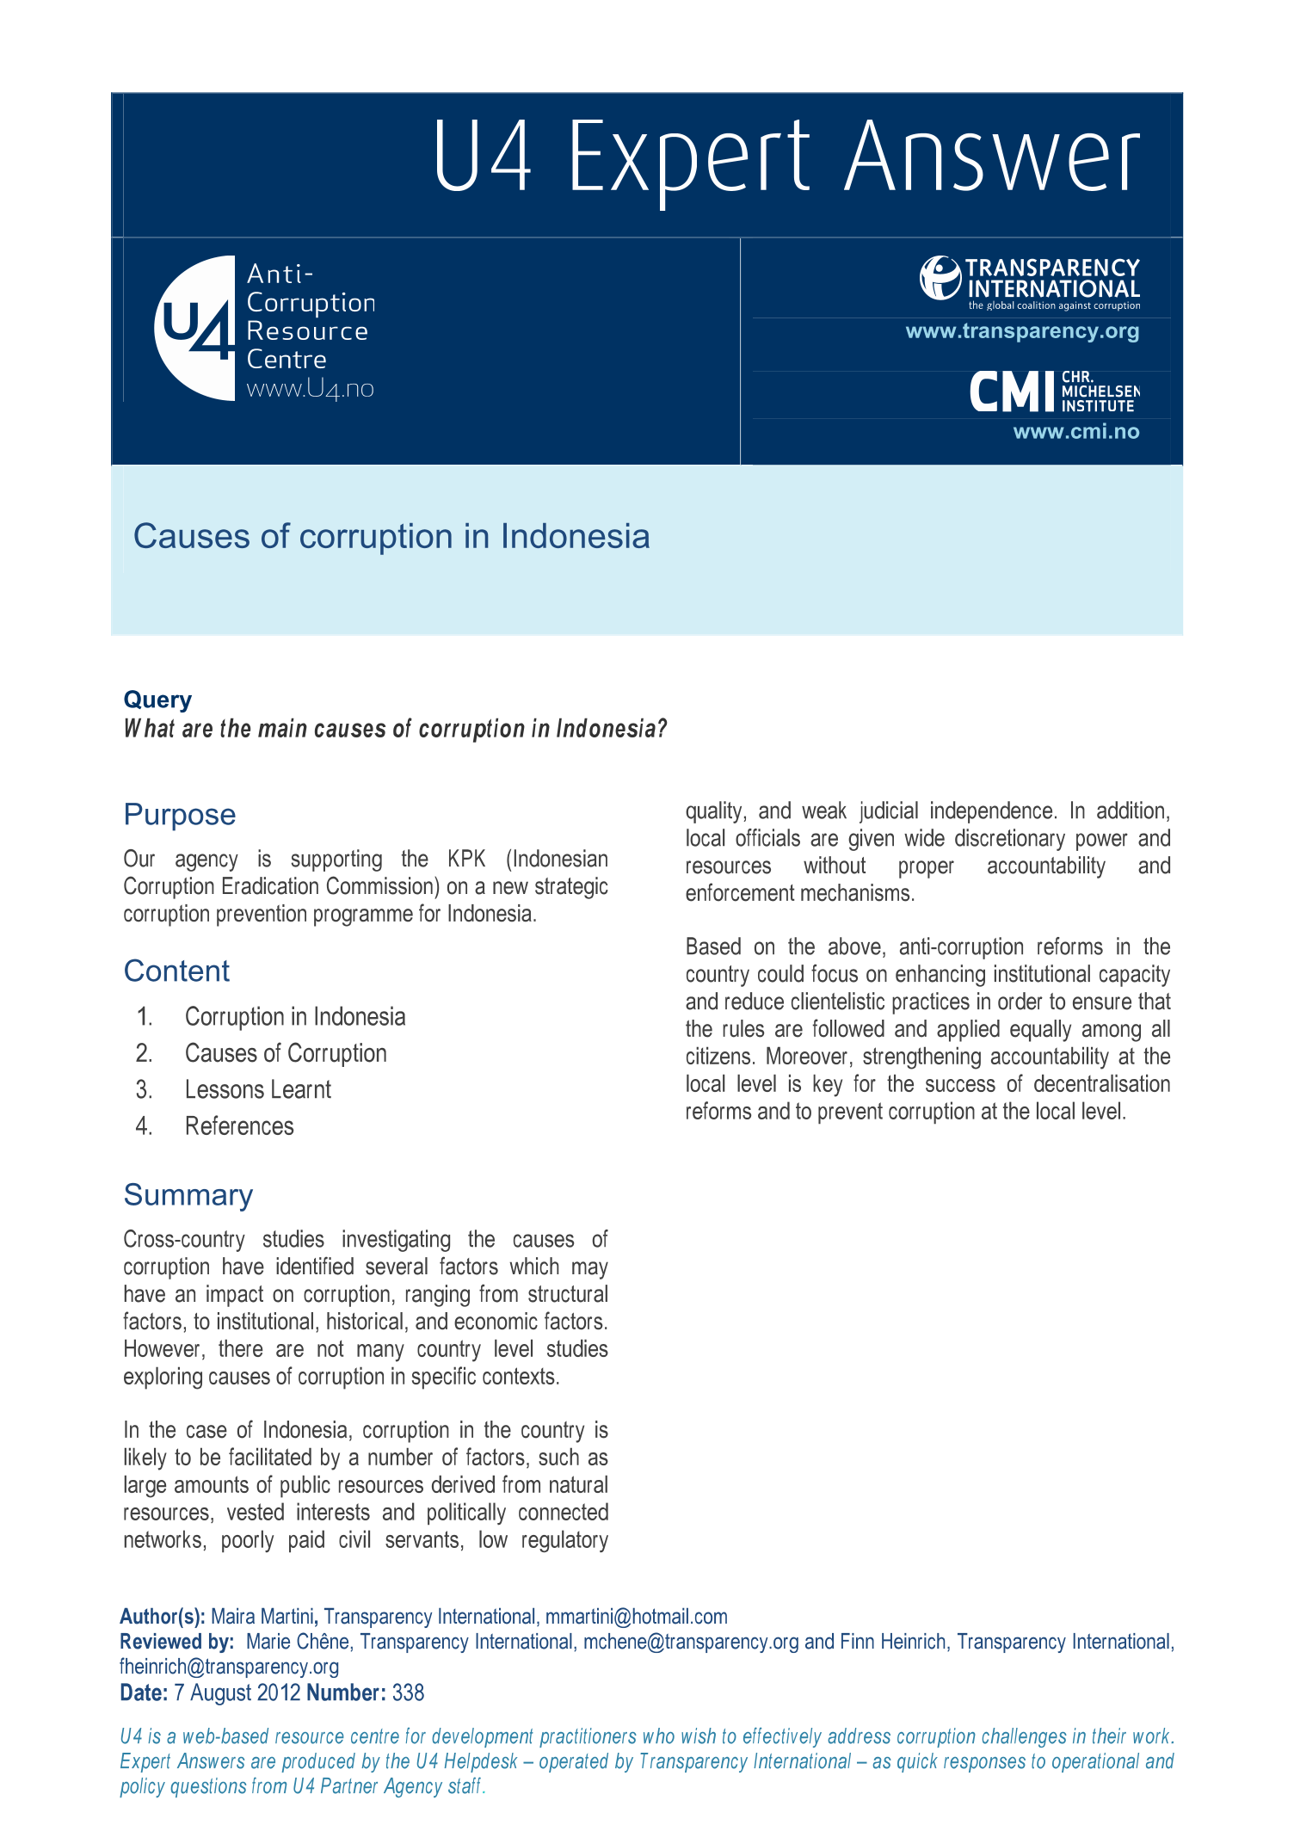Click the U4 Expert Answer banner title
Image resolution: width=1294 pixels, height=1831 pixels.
786,157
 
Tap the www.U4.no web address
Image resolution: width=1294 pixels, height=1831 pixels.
310,389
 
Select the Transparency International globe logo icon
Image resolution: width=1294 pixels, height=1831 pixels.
940,278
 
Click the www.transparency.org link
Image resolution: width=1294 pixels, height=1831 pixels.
1022,331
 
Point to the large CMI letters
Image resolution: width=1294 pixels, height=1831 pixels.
1012,392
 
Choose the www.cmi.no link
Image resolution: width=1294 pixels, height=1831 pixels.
1075,432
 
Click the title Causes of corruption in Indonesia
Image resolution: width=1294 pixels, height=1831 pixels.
391,536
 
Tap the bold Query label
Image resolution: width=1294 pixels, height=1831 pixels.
157,700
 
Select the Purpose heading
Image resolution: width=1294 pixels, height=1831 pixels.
180,814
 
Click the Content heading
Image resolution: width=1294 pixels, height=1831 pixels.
176,971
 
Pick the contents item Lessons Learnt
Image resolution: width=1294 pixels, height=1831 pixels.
258,1089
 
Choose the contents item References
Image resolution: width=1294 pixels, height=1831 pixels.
239,1126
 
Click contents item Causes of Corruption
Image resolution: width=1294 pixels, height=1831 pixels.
286,1053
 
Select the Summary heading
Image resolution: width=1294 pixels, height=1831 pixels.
188,1194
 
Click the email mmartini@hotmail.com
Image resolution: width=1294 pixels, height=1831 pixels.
636,1617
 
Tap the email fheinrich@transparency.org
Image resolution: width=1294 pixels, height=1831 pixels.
229,1667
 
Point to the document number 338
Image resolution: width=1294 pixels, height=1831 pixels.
408,1692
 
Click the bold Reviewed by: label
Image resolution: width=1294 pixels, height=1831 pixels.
176,1642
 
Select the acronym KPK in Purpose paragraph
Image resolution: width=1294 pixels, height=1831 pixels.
466,859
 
